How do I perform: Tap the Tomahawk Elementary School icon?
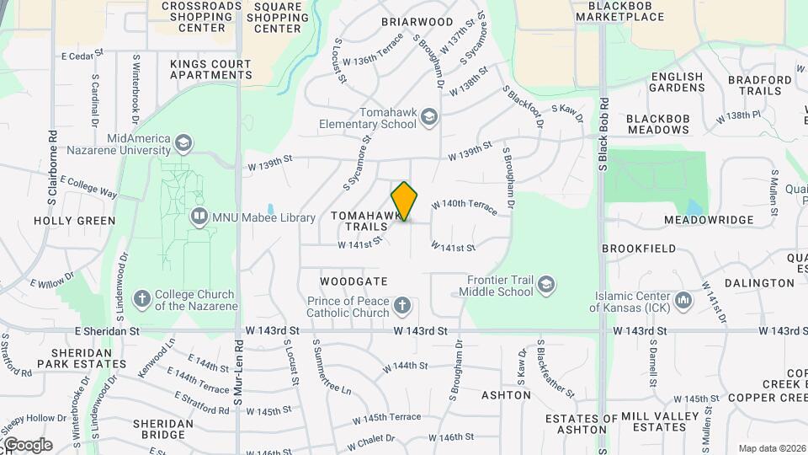pyautogui.click(x=429, y=117)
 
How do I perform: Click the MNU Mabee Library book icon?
pyautogui.click(x=199, y=217)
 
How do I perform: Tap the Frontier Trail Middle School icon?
pyautogui.click(x=546, y=285)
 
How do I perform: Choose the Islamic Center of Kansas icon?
pyautogui.click(x=683, y=300)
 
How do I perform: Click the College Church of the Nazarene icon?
pyautogui.click(x=142, y=299)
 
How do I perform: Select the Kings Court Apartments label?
pyautogui.click(x=210, y=69)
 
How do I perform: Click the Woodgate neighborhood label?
pyautogui.click(x=353, y=281)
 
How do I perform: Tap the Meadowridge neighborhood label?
pyautogui.click(x=709, y=220)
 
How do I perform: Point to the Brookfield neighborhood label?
pyautogui.click(x=639, y=249)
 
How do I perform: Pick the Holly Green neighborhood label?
pyautogui.click(x=74, y=221)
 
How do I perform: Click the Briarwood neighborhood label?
pyautogui.click(x=417, y=21)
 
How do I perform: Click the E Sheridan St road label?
pyautogui.click(x=106, y=331)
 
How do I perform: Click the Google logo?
pyautogui.click(x=27, y=445)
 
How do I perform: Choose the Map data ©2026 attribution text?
pyautogui.click(x=771, y=448)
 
